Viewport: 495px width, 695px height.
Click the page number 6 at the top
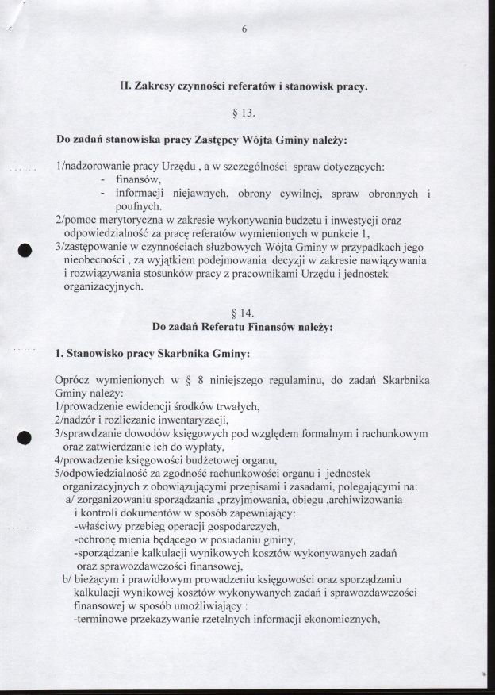[x=244, y=29]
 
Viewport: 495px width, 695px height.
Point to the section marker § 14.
[x=245, y=310]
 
